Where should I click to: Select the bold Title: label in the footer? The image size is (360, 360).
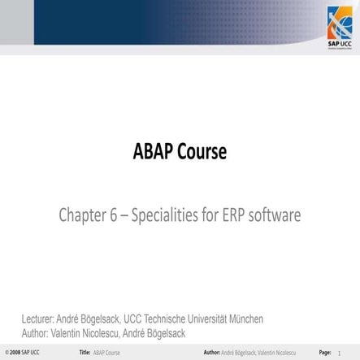point(85,353)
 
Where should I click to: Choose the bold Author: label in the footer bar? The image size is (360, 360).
point(211,353)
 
